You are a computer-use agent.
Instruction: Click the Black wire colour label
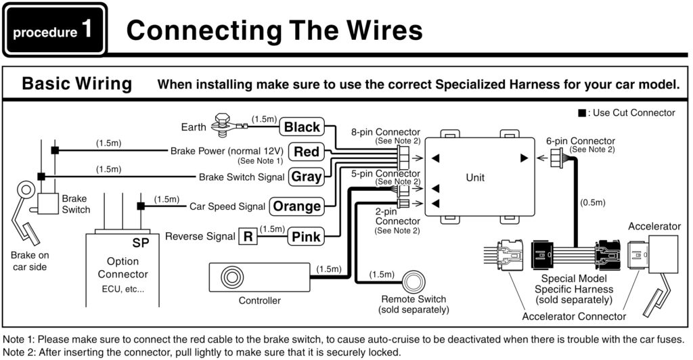302,127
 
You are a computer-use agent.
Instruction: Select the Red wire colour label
306,152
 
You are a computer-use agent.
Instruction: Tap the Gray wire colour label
306,177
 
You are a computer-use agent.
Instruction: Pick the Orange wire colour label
296,206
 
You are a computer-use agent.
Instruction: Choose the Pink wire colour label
306,236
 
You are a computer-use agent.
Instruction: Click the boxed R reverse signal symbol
248,236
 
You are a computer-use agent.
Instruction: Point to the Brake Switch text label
76,204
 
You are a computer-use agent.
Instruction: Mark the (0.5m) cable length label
591,202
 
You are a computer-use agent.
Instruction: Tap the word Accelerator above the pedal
654,226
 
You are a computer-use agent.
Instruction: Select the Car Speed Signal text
227,206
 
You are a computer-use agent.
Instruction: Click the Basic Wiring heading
76,84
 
